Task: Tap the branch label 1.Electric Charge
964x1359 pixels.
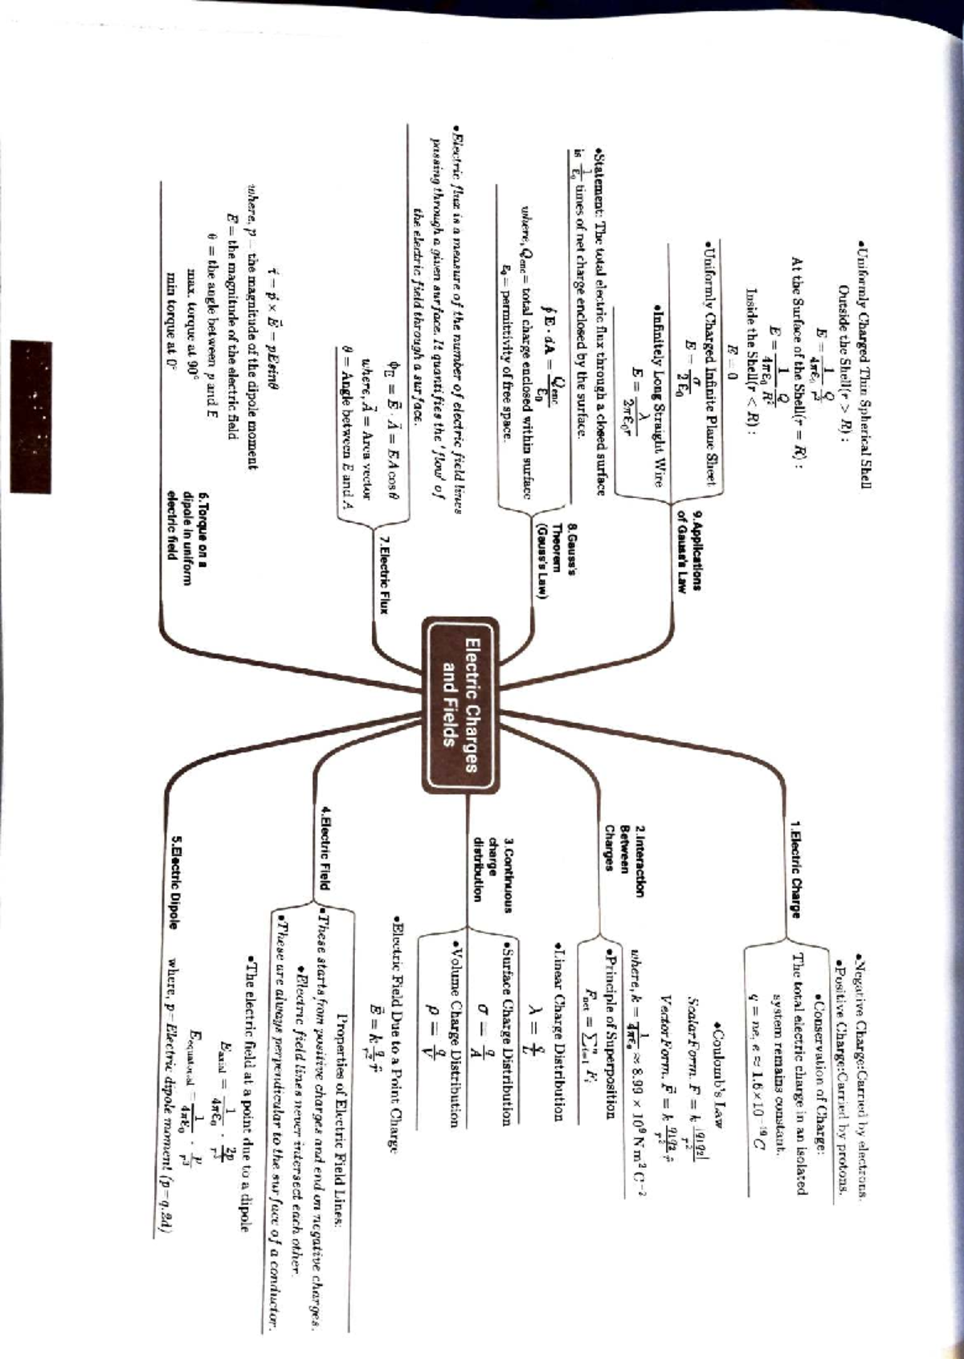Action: click(794, 867)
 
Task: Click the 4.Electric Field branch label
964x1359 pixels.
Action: click(325, 848)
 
